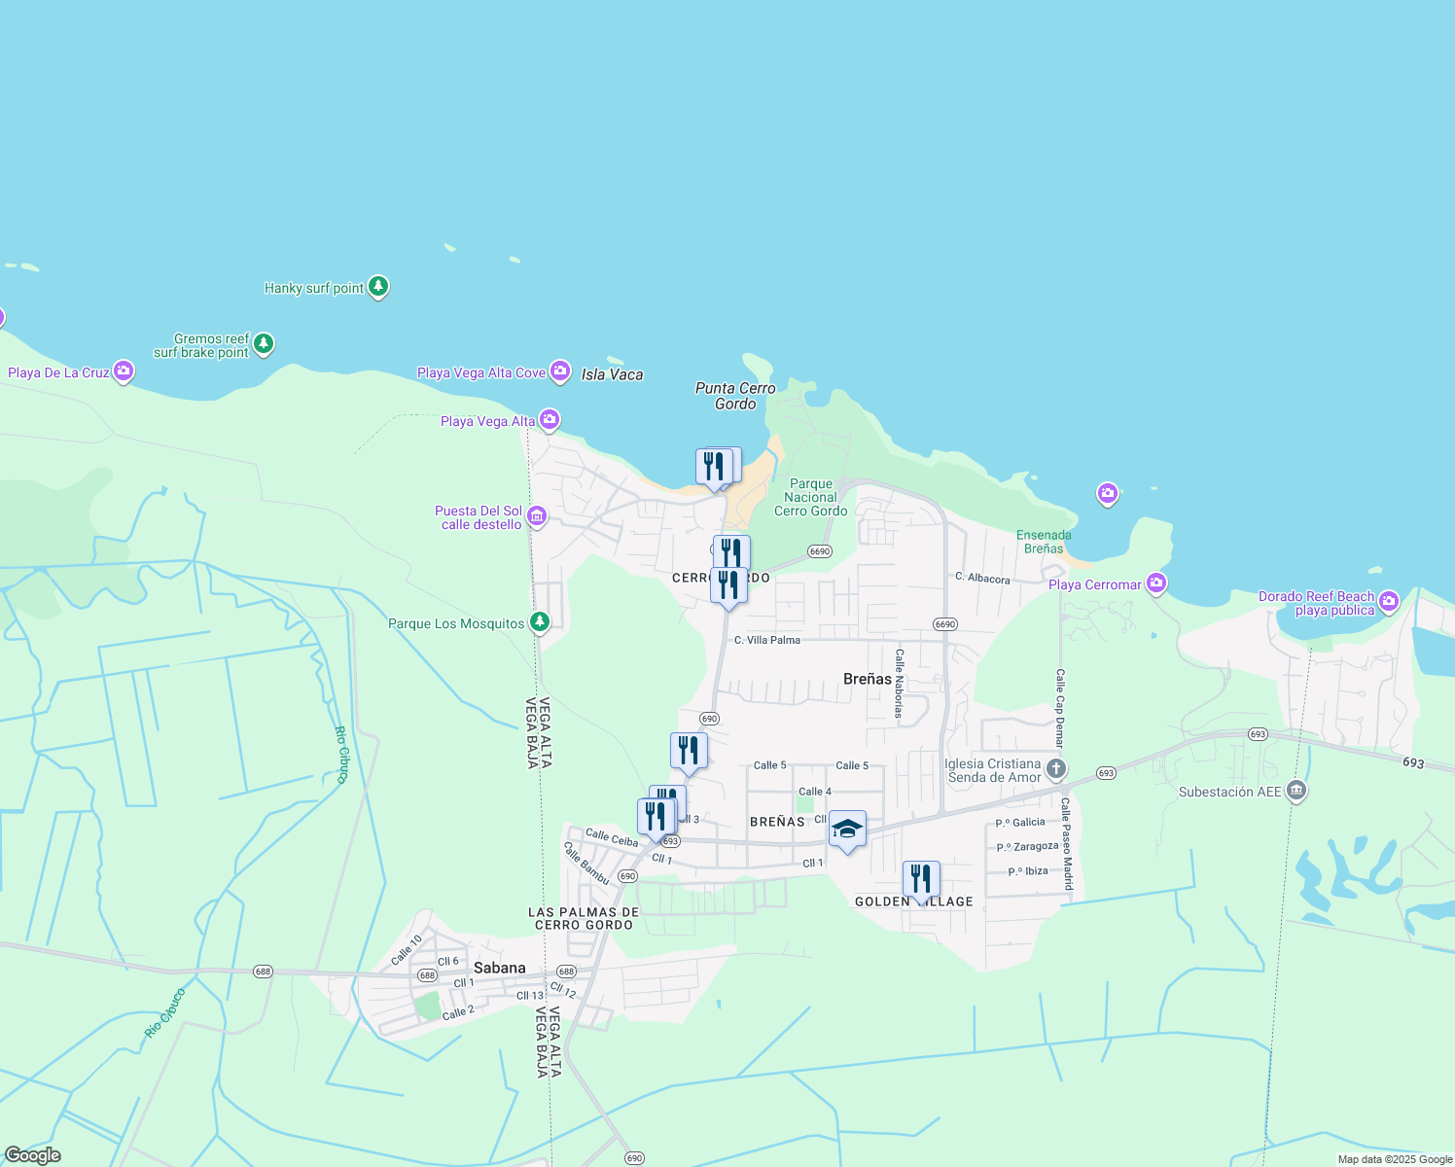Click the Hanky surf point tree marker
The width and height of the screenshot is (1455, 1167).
(378, 287)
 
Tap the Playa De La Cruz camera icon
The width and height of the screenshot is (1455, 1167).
(124, 371)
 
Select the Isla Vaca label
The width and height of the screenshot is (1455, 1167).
(612, 374)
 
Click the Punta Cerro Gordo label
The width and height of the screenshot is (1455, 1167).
(735, 396)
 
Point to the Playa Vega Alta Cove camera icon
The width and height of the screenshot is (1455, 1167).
(559, 371)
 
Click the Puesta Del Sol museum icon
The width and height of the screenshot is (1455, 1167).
(537, 515)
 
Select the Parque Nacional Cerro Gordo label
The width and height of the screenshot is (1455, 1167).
(810, 497)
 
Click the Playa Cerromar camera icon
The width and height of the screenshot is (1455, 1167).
(1155, 583)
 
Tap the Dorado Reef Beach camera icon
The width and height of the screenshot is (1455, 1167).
(1388, 601)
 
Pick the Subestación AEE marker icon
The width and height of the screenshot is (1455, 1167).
(1295, 791)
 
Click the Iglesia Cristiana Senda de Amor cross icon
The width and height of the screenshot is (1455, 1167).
(1056, 770)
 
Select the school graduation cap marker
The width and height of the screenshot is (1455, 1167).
(847, 830)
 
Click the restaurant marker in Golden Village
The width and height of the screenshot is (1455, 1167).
(920, 879)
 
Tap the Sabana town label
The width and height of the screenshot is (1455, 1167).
(500, 968)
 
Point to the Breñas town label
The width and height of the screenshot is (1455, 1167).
(868, 679)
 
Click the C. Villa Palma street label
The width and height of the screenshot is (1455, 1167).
(767, 640)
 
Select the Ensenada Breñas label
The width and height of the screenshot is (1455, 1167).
(1044, 542)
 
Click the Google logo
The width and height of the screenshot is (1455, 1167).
(33, 1155)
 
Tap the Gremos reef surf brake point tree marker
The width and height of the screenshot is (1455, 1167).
(264, 343)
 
